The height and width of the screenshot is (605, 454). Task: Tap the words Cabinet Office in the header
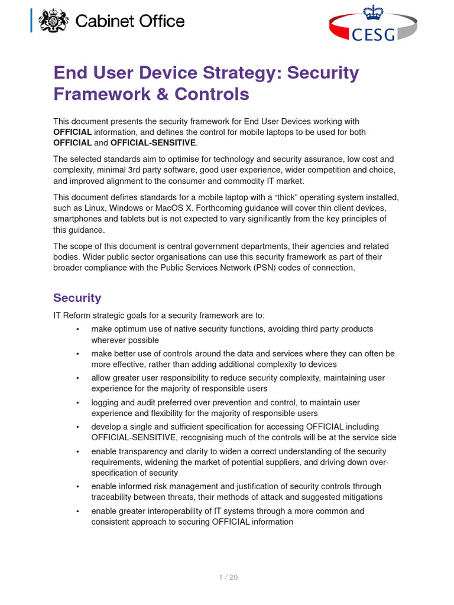(130, 22)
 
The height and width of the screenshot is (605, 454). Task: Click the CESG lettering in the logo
(374, 35)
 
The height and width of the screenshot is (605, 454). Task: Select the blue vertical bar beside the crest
(32, 22)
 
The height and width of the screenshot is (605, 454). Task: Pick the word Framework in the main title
(99, 95)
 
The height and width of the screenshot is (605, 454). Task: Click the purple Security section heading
(77, 298)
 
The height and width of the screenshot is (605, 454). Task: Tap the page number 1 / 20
(227, 577)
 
